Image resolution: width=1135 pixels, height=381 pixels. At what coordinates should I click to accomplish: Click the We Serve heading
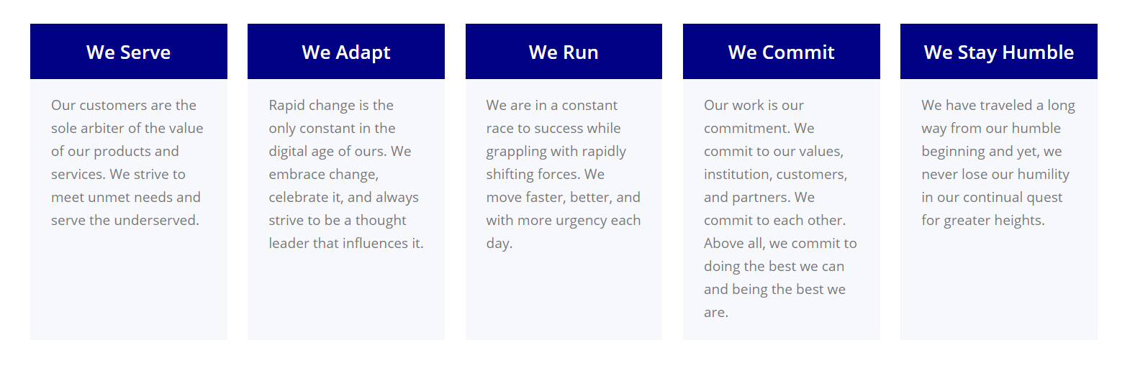click(128, 52)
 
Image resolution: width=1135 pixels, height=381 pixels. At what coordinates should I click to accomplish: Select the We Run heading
click(564, 52)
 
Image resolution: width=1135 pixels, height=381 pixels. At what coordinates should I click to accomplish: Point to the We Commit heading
click(782, 52)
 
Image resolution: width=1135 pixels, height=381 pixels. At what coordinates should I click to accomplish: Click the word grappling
click(516, 152)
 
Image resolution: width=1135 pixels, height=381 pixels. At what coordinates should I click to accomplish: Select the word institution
click(738, 175)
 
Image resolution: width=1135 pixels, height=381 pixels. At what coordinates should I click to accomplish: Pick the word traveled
click(1005, 105)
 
